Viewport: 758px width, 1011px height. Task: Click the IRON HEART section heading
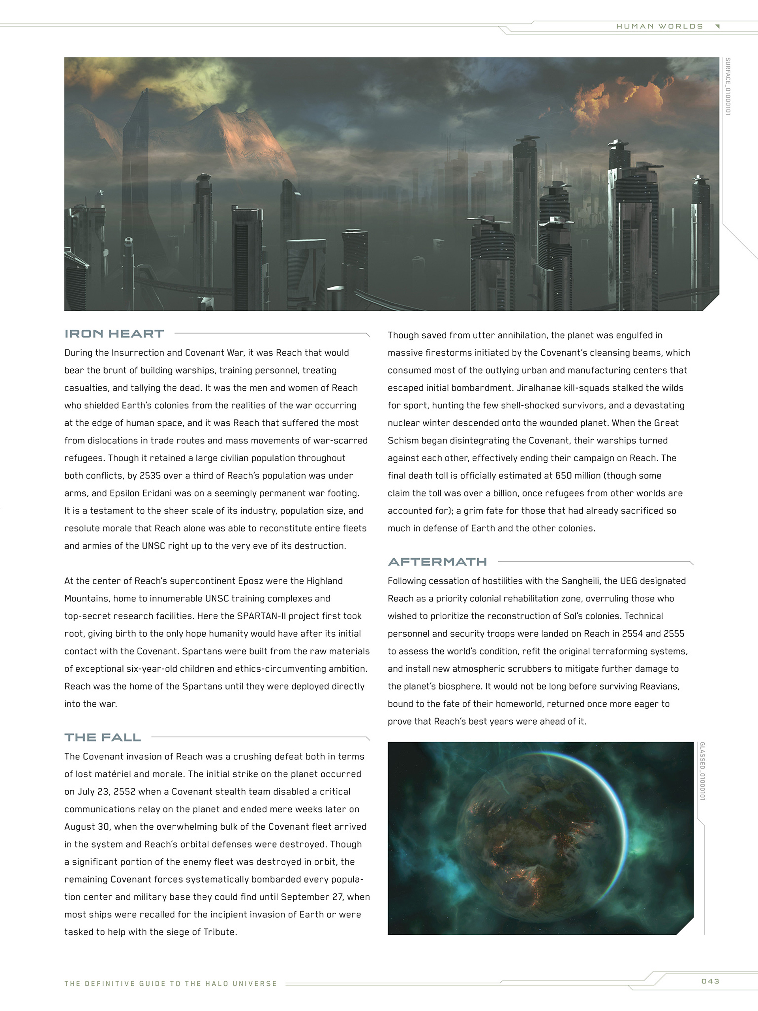pos(114,334)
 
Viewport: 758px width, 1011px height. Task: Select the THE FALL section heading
pos(102,737)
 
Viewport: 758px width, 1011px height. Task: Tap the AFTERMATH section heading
pos(437,562)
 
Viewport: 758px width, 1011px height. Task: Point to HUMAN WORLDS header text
pos(659,26)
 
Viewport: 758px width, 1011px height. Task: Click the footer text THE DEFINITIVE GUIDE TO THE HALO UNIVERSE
pos(171,984)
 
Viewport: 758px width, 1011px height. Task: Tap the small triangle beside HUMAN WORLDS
pos(717,26)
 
